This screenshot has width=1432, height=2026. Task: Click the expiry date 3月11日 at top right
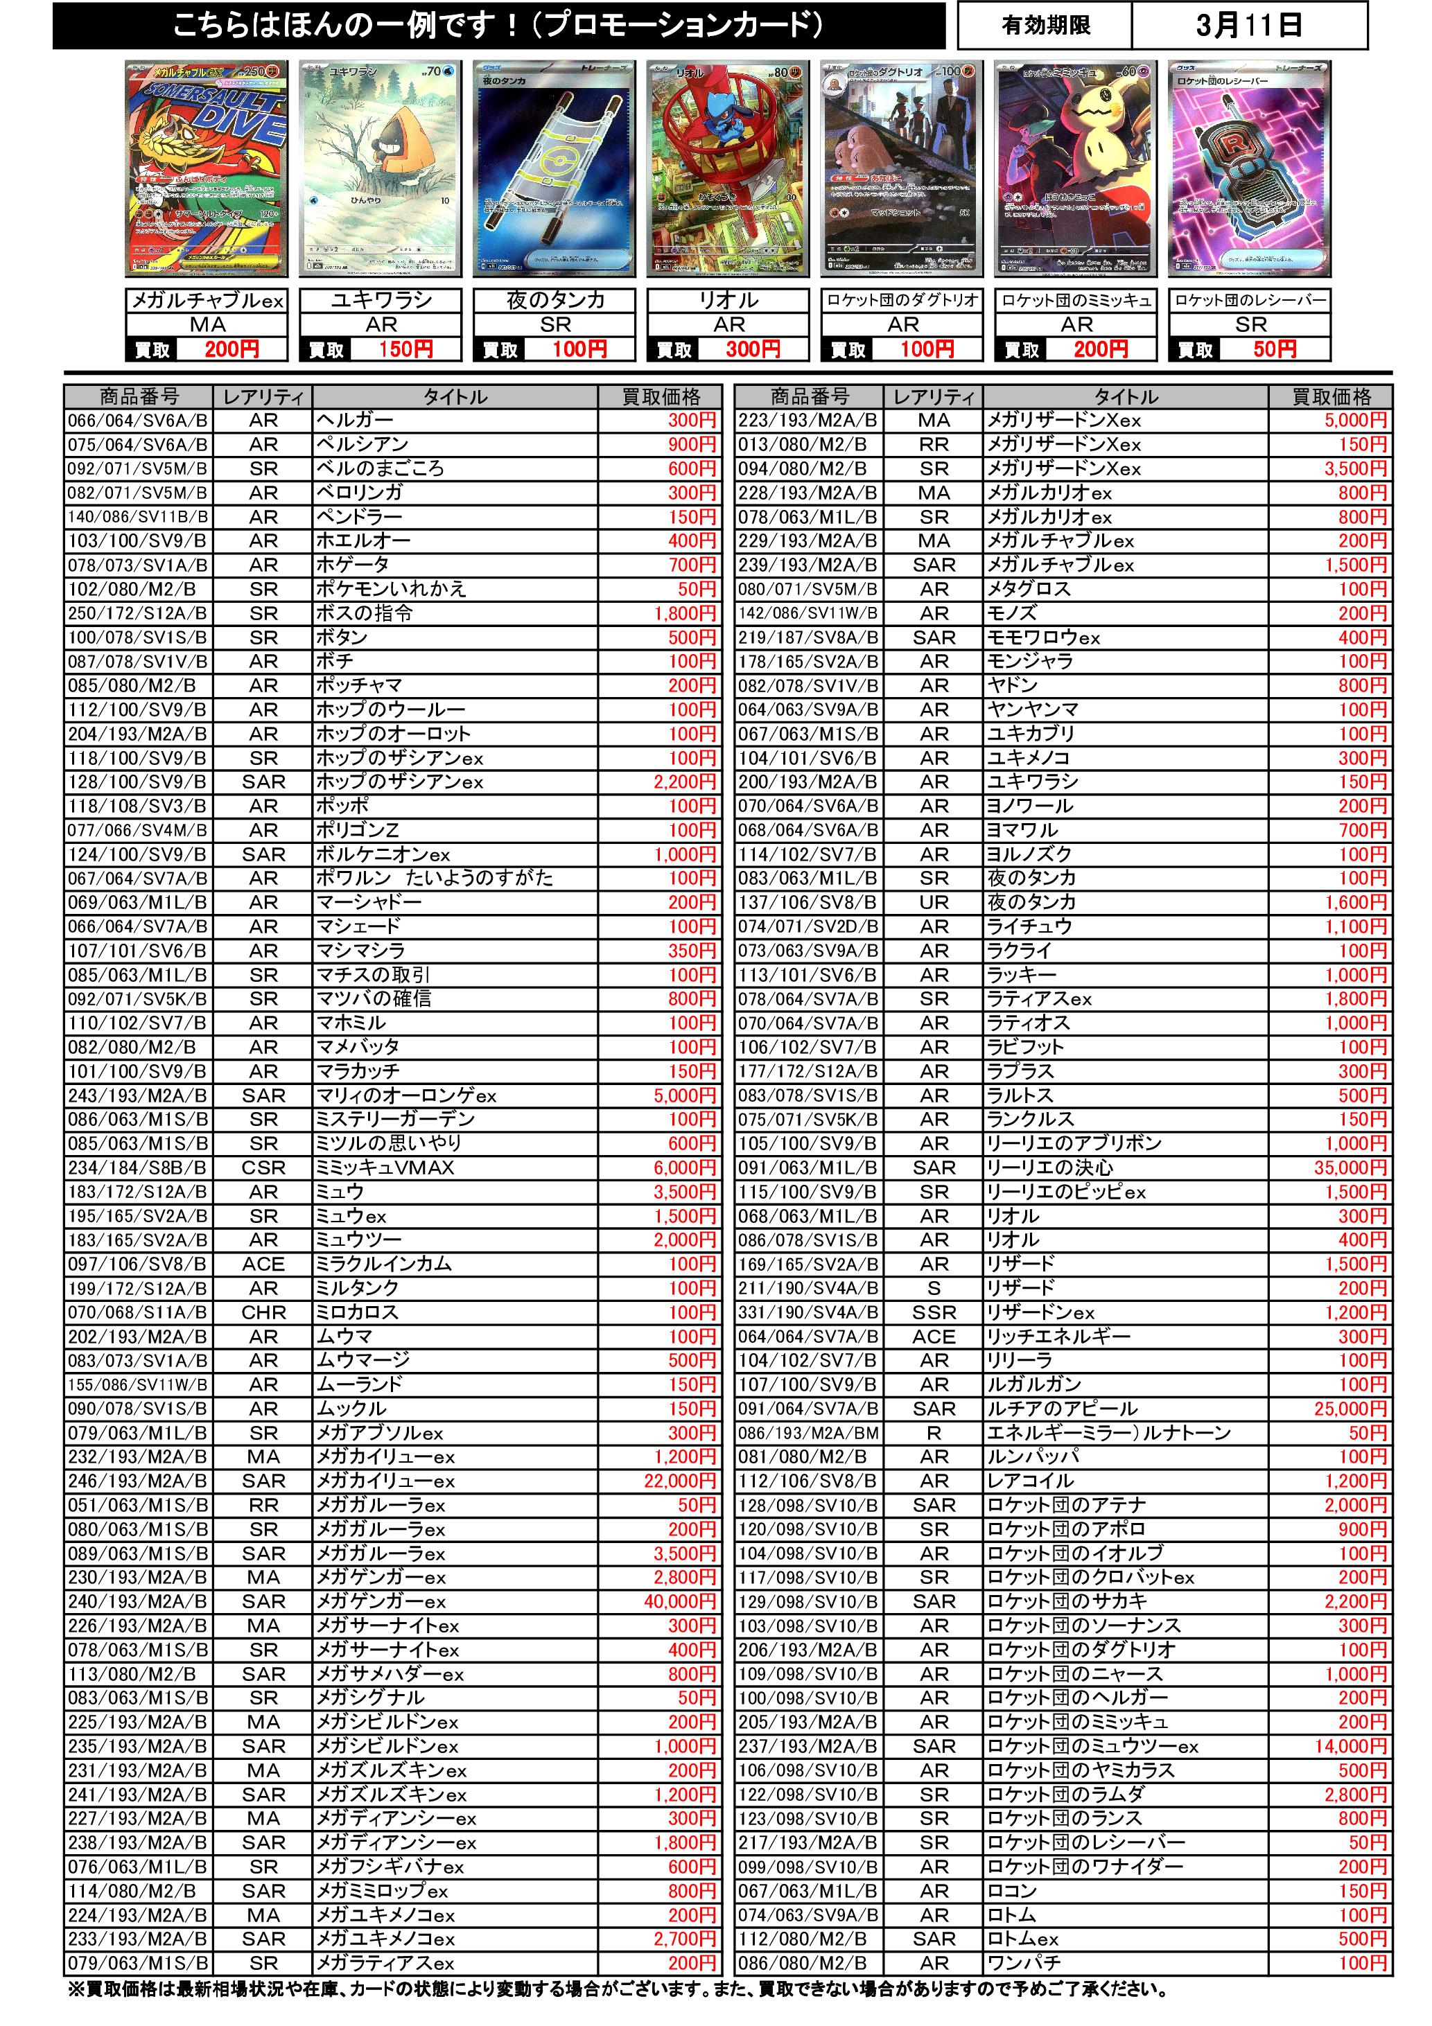point(1248,26)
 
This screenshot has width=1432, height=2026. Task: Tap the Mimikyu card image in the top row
point(1076,170)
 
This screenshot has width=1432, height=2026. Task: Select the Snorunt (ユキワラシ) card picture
point(381,170)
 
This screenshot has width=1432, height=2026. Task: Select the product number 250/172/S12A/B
point(138,613)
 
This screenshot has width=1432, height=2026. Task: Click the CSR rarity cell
point(263,1168)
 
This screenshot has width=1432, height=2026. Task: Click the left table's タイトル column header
point(455,397)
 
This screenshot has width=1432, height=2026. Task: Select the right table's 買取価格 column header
point(1331,397)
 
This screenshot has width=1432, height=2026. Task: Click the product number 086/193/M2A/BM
point(807,1433)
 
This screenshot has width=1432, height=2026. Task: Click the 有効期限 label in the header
point(1045,26)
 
